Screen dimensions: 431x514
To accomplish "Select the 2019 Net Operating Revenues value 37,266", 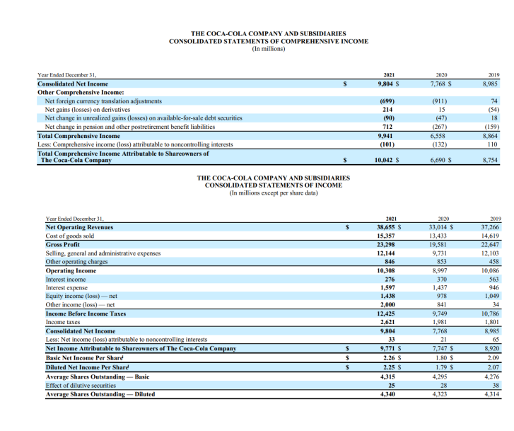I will (x=491, y=227).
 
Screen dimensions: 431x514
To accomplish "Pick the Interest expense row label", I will (x=66, y=287).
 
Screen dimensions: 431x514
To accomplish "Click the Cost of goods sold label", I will (x=69, y=236).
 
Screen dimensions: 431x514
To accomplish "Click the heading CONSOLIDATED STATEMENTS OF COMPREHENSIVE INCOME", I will (x=268, y=41).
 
